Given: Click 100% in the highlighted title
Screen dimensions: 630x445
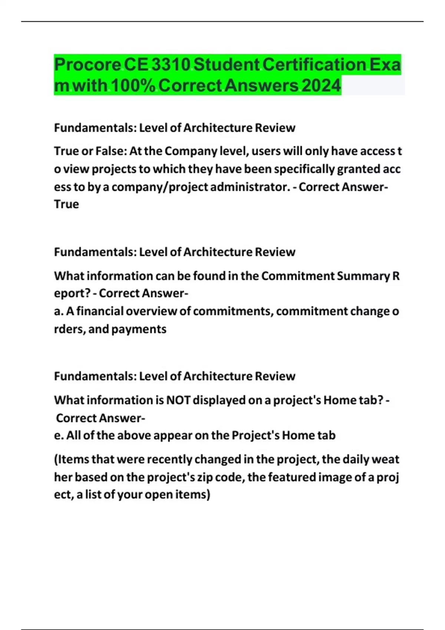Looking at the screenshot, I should [x=133, y=86].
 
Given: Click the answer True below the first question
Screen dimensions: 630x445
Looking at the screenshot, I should [x=66, y=204].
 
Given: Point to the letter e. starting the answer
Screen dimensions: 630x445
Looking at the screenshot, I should [x=59, y=435].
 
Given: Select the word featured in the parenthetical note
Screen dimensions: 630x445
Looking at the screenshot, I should [x=291, y=477].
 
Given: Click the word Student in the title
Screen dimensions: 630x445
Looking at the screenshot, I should [x=227, y=65].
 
